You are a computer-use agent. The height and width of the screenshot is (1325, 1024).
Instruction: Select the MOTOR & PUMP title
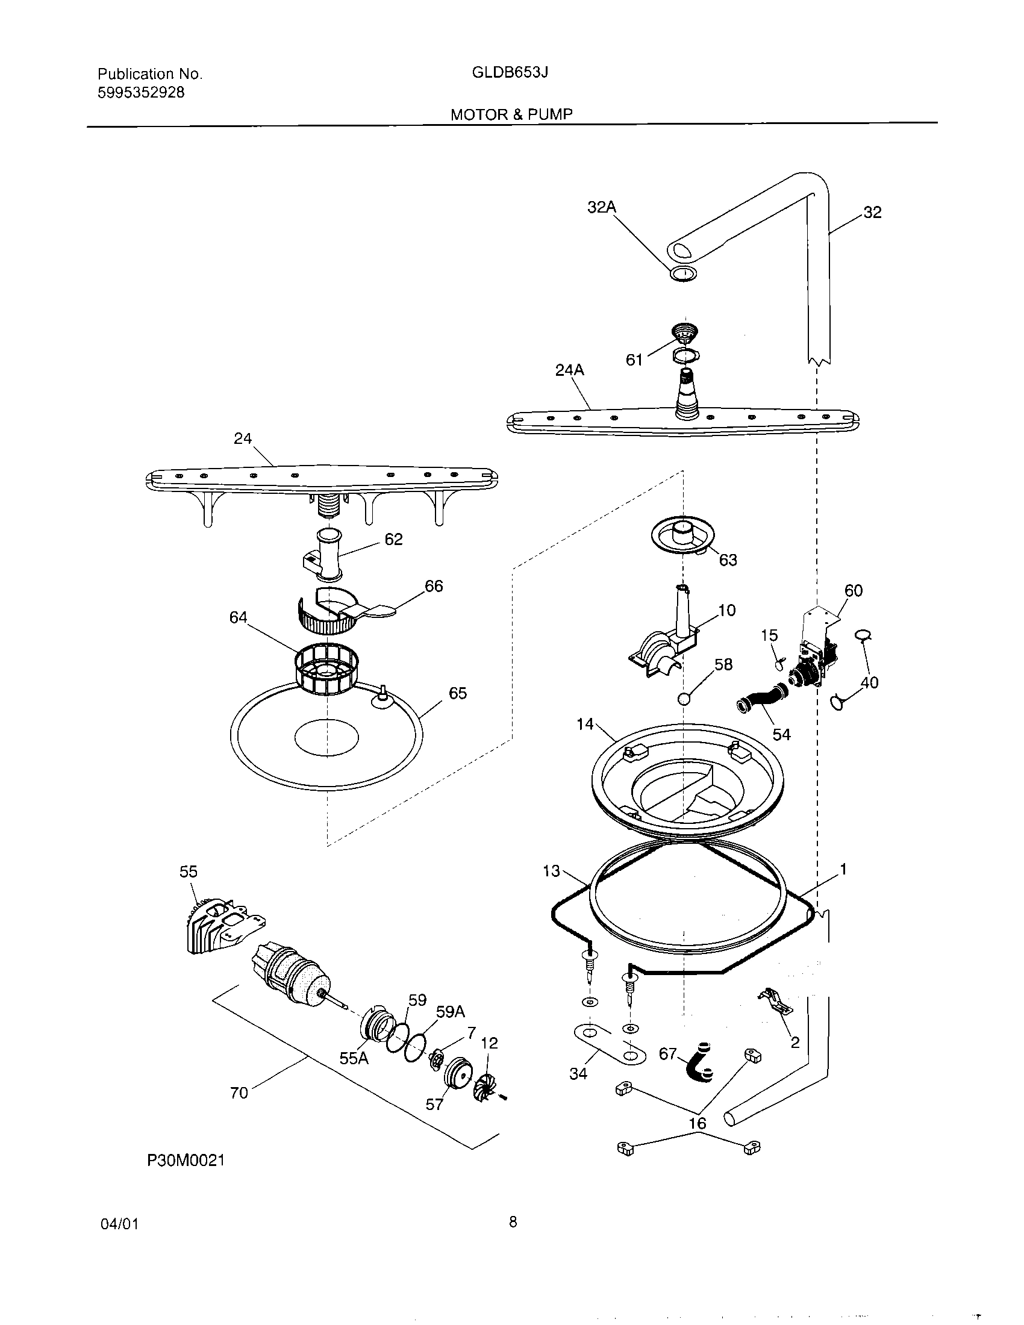[511, 114]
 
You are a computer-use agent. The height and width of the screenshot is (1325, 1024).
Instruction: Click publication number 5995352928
[141, 93]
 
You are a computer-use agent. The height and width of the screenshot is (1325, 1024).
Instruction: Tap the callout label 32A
[601, 208]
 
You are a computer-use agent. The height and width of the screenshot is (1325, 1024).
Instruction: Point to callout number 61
[634, 360]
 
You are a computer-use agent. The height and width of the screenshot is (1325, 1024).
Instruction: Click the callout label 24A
[570, 369]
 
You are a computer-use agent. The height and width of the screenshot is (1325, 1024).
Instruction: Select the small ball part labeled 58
[684, 699]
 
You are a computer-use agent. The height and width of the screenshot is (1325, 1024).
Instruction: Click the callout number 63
[728, 560]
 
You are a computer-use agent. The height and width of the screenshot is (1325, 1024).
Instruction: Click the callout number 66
[434, 586]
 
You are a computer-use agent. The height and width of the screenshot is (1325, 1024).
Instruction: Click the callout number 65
[457, 693]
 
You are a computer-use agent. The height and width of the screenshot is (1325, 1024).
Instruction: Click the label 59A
[451, 1012]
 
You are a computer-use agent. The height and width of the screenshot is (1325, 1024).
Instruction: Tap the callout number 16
[698, 1123]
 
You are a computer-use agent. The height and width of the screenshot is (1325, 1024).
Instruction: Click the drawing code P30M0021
[186, 1161]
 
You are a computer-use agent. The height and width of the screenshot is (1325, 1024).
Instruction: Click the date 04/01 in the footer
[119, 1224]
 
